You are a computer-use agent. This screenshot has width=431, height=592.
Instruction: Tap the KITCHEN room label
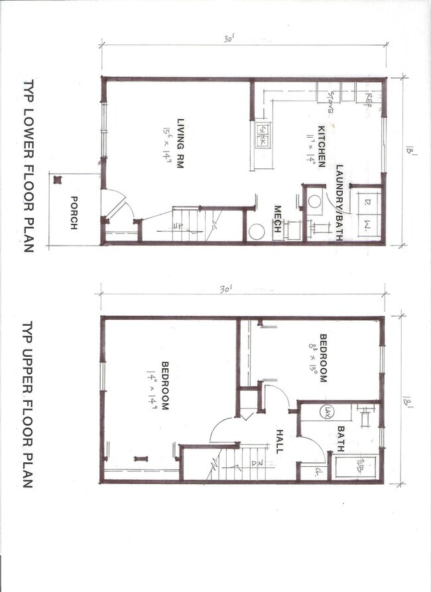[x=321, y=146]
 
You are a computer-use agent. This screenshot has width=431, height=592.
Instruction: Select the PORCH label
[x=74, y=215]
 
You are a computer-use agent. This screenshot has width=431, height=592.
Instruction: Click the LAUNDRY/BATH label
[x=339, y=203]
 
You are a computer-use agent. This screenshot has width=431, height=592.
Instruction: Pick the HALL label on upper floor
[x=279, y=439]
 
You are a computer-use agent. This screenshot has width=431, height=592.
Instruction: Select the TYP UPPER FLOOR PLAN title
[x=28, y=405]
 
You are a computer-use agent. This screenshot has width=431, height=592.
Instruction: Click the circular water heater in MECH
[x=256, y=232]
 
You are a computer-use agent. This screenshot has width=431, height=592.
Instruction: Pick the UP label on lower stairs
[x=178, y=227]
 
